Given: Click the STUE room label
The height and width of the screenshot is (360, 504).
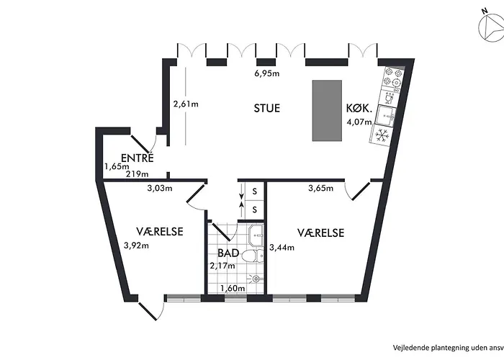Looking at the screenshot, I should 266,109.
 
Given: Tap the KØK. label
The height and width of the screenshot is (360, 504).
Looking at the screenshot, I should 359,109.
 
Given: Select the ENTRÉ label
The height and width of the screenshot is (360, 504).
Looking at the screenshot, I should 137,158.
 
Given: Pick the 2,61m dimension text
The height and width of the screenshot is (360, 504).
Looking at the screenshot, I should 186,104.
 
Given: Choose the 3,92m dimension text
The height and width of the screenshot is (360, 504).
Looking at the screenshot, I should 136,245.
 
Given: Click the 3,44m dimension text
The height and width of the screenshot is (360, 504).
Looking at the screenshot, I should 282,248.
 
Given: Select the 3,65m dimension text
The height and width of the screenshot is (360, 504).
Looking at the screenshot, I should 321,189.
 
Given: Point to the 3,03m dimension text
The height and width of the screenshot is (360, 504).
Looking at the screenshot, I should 159,189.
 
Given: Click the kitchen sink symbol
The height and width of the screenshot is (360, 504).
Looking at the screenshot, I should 390,114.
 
